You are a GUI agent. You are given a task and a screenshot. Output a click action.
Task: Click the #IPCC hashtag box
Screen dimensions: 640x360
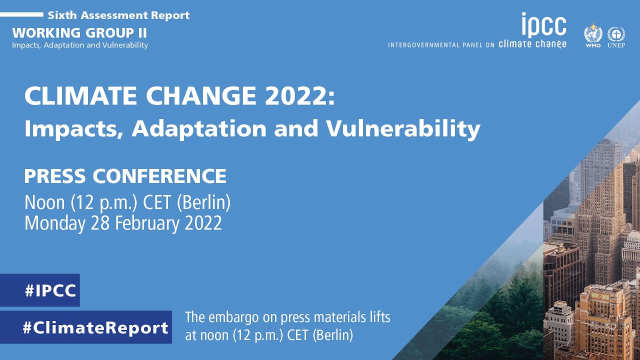tap(39, 290)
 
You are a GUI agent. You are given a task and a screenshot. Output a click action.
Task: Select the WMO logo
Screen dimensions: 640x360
tap(593, 35)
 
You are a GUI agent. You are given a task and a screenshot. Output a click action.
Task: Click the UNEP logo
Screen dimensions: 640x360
tap(616, 37)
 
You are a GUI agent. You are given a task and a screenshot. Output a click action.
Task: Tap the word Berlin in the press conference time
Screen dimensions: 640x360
tap(203, 202)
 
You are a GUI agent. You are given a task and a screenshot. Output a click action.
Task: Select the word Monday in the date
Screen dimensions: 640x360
tap(55, 223)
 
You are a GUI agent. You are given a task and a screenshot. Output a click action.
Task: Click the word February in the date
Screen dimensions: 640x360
tap(147, 223)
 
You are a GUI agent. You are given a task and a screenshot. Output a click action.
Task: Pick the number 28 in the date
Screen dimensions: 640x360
tap(100, 223)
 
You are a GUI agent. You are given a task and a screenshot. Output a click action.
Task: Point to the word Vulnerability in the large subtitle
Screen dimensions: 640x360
tap(403, 129)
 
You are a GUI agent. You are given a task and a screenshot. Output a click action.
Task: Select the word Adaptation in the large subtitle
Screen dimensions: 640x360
tap(199, 128)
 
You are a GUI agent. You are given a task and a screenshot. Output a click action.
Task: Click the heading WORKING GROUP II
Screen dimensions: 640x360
tap(79, 33)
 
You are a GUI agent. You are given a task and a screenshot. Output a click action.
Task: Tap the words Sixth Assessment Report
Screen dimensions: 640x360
tap(118, 15)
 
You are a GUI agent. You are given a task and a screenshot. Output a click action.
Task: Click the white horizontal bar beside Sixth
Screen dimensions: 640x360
tap(21, 14)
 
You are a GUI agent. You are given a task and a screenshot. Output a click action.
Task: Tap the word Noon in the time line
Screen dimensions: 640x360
tap(44, 202)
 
